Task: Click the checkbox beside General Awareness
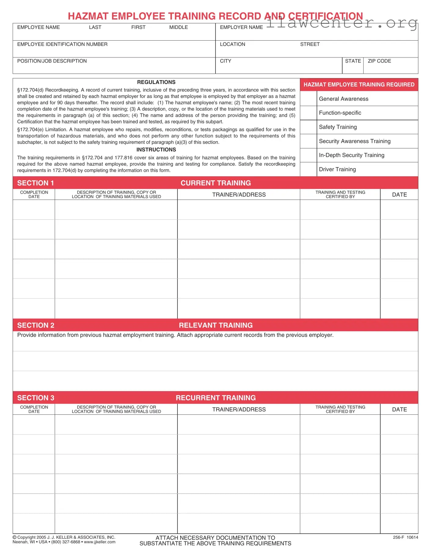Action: (x=308, y=99)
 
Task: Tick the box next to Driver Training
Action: (x=308, y=169)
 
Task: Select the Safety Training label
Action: (x=338, y=127)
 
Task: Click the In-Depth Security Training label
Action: (x=351, y=155)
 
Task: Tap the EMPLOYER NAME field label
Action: (x=241, y=27)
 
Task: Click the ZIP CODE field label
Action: (x=379, y=61)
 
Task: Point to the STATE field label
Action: (x=352, y=61)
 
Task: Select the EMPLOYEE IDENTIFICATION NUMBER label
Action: (x=62, y=44)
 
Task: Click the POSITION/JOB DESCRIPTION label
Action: (x=52, y=61)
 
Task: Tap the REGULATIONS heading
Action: (x=156, y=82)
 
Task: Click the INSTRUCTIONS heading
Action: (x=156, y=150)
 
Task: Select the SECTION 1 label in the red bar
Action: (x=35, y=183)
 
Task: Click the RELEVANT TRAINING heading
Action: (x=216, y=325)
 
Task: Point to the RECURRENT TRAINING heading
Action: (x=216, y=398)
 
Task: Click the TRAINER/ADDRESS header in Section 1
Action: (x=239, y=195)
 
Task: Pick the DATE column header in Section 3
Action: (x=399, y=409)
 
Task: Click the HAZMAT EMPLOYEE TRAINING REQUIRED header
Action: (x=359, y=85)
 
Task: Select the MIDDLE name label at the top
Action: (x=178, y=27)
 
